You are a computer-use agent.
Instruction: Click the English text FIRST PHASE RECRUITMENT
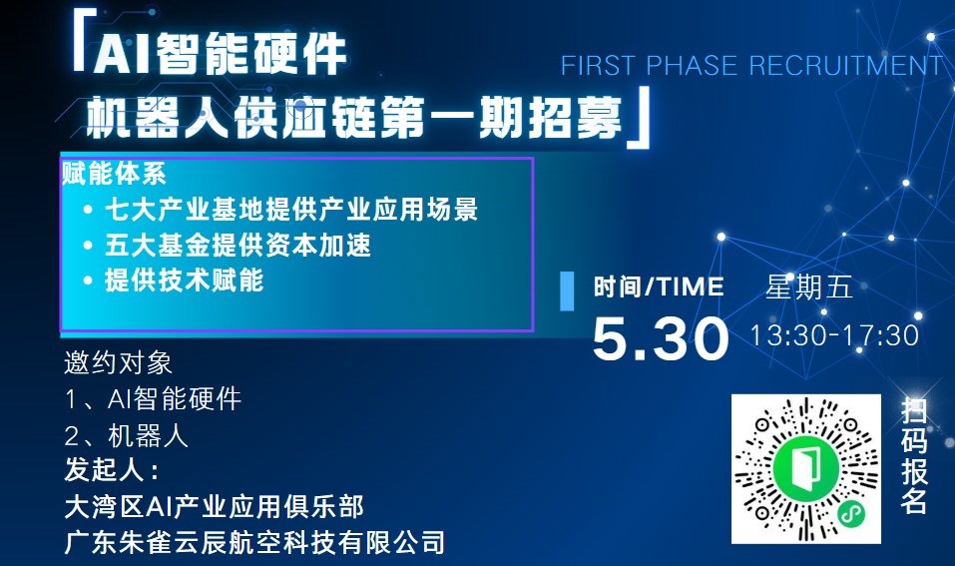point(751,66)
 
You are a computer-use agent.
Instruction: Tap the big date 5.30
point(661,338)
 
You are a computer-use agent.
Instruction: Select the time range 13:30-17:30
point(834,335)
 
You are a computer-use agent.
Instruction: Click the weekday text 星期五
point(809,286)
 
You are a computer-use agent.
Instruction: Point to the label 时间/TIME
point(659,286)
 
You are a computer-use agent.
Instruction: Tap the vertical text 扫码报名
point(913,455)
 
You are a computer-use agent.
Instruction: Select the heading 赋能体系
point(114,174)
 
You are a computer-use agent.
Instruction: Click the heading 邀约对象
point(118,363)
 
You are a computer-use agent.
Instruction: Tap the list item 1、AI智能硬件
point(154,399)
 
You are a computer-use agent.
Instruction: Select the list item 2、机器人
point(127,436)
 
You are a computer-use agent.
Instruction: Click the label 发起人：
point(112,470)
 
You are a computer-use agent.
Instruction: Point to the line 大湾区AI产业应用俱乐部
point(215,507)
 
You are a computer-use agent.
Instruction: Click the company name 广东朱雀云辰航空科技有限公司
point(254,543)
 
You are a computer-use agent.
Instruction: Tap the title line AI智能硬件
point(220,54)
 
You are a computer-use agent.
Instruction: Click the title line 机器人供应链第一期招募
point(354,117)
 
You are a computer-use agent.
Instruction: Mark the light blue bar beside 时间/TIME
point(567,291)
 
